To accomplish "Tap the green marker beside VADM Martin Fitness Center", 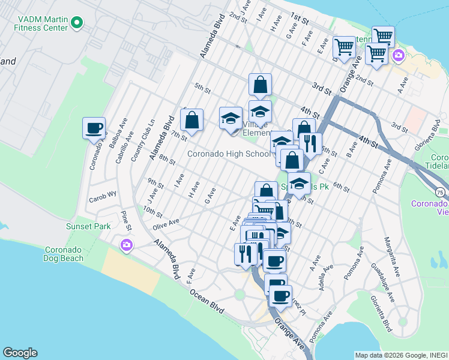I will click(x=76, y=23).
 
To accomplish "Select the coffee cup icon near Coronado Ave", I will click(x=94, y=128).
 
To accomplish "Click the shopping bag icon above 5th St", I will click(x=260, y=85).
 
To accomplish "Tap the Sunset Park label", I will click(x=88, y=227).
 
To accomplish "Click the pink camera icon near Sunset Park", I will click(x=126, y=245).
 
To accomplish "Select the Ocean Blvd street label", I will click(x=206, y=300).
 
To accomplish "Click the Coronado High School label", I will click(x=229, y=154).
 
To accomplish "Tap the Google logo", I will click(x=20, y=353).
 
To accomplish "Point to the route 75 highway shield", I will click(x=441, y=192).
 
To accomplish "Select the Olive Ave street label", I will click(x=166, y=222).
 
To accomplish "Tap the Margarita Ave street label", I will click(x=391, y=254).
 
